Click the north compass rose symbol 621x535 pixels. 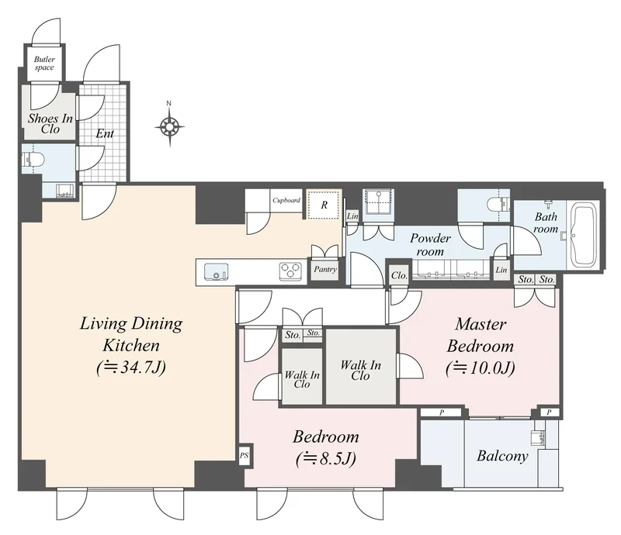169,126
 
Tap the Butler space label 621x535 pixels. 44,64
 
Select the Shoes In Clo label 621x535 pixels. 50,124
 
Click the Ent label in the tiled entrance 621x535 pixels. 105,133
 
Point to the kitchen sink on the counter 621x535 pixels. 217,271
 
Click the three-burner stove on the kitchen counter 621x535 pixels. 290,271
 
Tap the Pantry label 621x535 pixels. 325,270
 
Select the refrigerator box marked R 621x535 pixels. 324,205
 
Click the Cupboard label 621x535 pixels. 286,200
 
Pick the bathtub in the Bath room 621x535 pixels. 585,235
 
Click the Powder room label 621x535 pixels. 430,244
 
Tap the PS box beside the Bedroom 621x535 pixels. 245,455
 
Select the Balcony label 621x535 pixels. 502,456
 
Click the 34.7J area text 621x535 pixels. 130,368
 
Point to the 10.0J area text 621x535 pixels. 480,368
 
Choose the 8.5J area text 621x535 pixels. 325,459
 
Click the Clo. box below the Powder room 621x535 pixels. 399,275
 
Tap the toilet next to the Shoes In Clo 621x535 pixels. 33,160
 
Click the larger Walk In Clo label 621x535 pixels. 361,371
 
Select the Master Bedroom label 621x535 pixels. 480,335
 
